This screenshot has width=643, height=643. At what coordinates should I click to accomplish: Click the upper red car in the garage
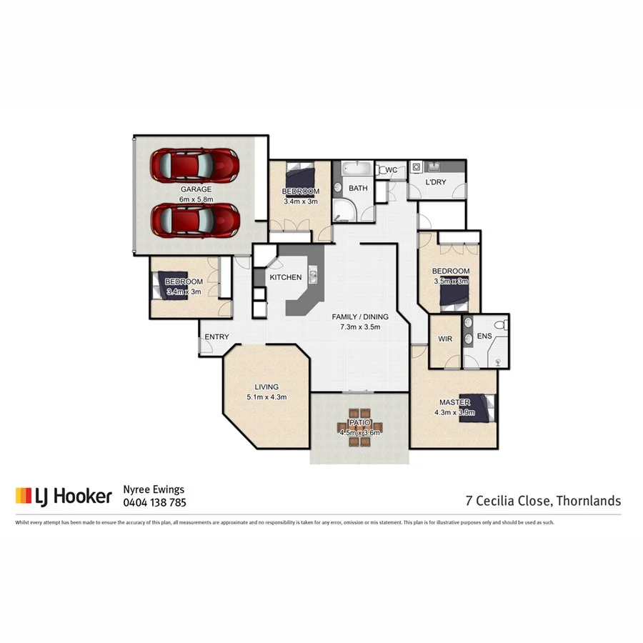(x=194, y=164)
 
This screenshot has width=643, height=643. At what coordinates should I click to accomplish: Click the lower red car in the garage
(x=194, y=219)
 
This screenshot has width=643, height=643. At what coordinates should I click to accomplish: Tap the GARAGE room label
(x=195, y=189)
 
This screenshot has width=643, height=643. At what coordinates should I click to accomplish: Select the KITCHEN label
(x=285, y=277)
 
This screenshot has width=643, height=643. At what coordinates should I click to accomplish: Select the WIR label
(x=446, y=339)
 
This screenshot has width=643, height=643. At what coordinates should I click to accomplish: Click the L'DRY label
(x=435, y=182)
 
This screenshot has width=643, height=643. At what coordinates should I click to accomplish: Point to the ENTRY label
(x=216, y=337)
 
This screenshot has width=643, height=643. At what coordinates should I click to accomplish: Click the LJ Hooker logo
(x=64, y=495)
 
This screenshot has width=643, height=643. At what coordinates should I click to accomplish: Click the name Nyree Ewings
(x=155, y=489)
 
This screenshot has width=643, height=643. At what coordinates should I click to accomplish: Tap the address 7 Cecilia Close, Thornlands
(x=543, y=501)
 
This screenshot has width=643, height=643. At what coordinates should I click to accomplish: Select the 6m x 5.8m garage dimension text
(x=196, y=199)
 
